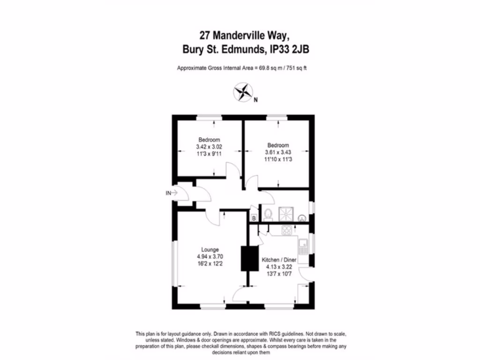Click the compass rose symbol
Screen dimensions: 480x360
(x=243, y=91)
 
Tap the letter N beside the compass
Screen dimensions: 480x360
(x=255, y=100)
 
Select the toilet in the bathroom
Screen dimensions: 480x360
(x=268, y=214)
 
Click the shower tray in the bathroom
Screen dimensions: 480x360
(x=285, y=214)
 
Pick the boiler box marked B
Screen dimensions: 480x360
(x=254, y=218)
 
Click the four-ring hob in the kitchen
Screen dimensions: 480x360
(x=286, y=230)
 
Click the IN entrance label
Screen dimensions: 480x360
(x=168, y=193)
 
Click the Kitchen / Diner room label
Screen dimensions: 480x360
(x=278, y=260)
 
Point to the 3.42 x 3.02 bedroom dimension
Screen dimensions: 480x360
(x=209, y=147)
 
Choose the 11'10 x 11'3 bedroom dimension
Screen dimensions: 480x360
(x=278, y=159)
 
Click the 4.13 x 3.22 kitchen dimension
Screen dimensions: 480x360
(x=278, y=266)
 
